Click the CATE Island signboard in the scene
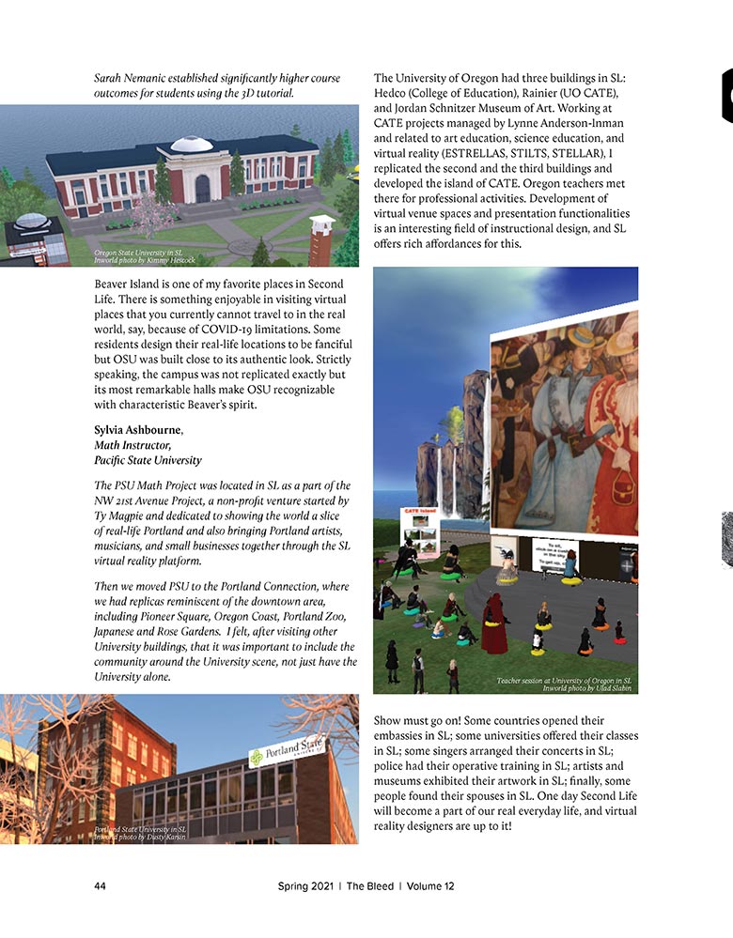[422, 534]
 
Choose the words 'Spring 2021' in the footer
[306, 885]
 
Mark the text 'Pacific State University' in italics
[148, 461]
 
